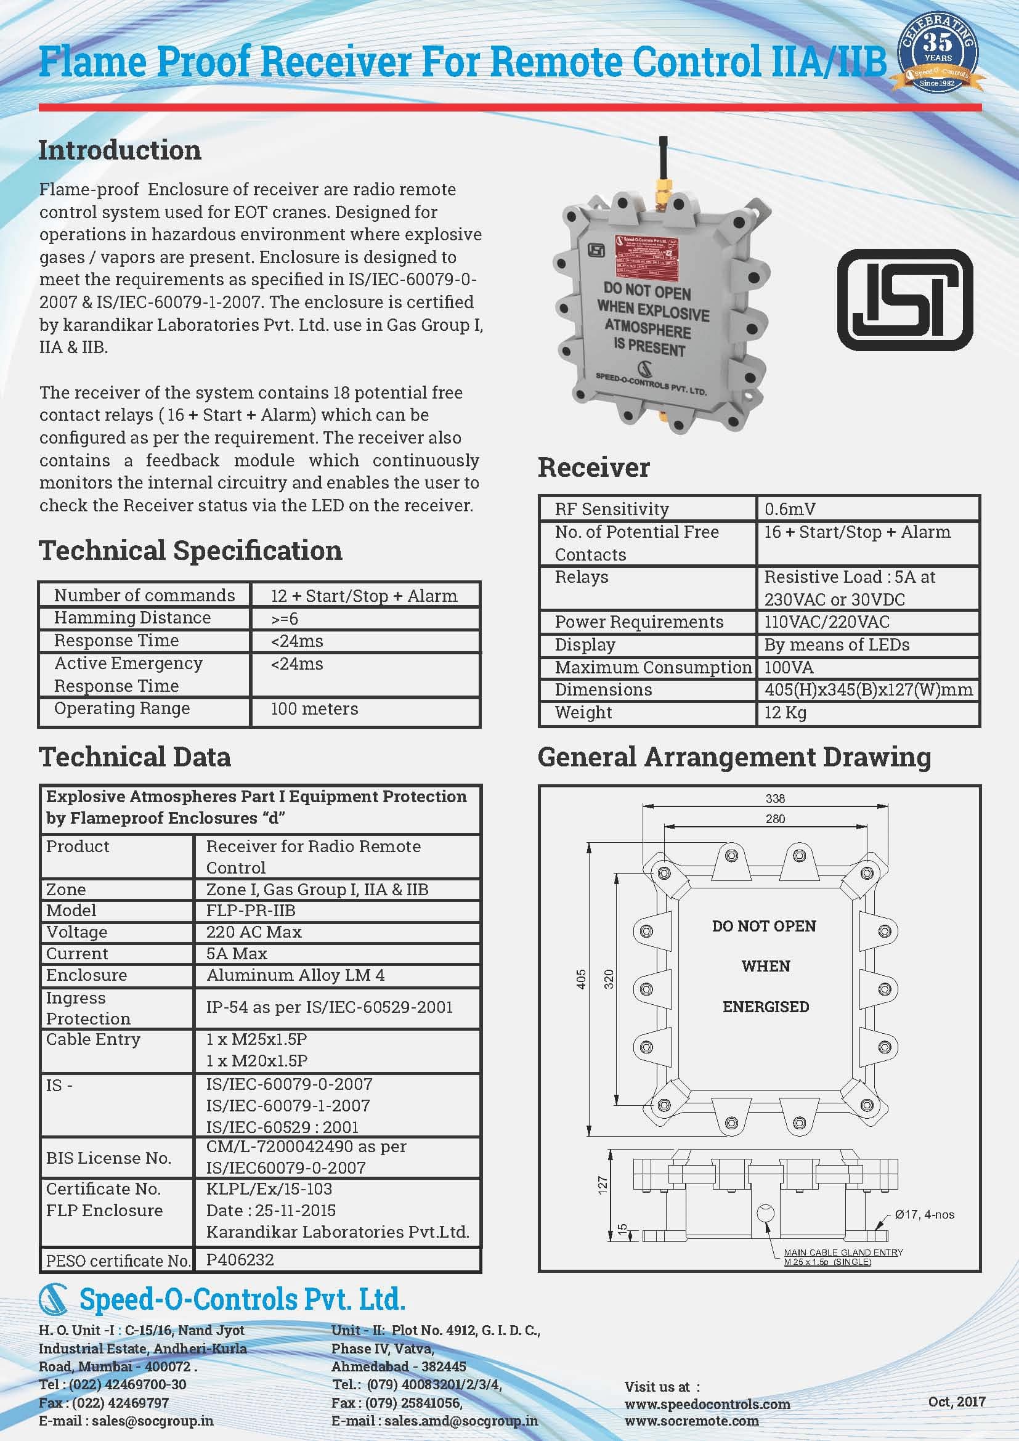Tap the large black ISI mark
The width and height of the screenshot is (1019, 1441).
point(905,299)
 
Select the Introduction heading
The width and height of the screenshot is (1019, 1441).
point(120,150)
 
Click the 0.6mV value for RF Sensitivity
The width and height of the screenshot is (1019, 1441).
point(789,509)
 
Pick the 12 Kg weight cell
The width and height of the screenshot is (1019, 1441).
point(785,712)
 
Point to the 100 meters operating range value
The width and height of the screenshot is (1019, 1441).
point(314,708)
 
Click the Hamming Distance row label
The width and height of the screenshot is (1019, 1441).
point(132,617)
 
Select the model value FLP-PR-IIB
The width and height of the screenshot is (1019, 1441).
point(251,910)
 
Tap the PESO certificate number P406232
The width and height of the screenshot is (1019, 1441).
point(240,1259)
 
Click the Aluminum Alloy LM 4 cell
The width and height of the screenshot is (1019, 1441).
point(296,975)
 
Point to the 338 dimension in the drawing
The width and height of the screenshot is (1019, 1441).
point(775,798)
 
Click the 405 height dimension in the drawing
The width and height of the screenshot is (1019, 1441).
point(581,979)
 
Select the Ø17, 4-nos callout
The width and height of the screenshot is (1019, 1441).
point(924,1214)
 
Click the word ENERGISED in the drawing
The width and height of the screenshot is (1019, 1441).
point(766,1007)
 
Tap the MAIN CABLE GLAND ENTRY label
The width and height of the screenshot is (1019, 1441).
point(843,1252)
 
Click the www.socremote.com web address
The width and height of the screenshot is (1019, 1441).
point(691,1420)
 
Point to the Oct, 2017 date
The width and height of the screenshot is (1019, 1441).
point(957,1401)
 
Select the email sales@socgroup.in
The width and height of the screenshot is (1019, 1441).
point(152,1420)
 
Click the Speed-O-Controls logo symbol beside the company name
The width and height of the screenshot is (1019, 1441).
point(54,1299)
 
